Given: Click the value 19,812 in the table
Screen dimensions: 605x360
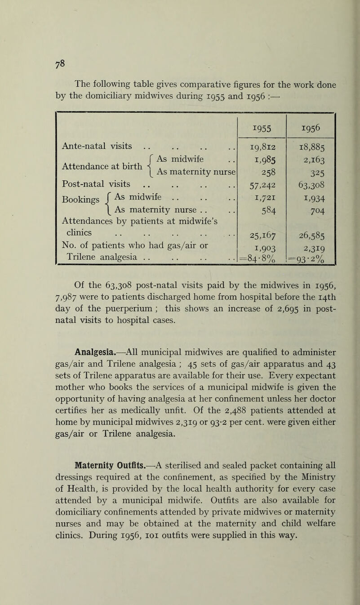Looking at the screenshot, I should click(x=262, y=146).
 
